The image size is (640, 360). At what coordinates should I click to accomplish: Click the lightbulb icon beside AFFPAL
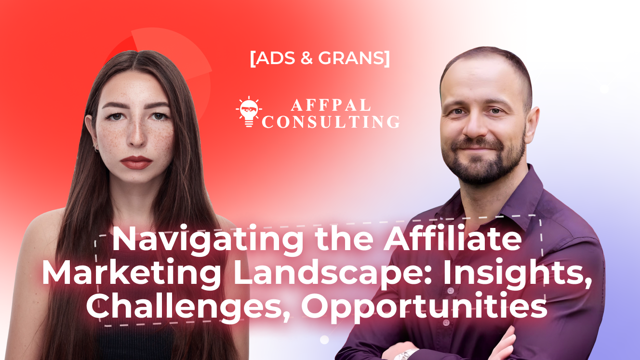[x=249, y=112]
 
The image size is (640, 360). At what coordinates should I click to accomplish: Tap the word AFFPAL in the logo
[x=331, y=105]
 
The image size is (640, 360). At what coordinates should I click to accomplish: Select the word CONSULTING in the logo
[x=331, y=122]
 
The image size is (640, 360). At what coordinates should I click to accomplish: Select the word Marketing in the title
[x=132, y=273]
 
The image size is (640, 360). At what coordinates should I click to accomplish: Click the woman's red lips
[x=136, y=162]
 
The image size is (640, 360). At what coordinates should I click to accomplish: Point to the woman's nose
[x=136, y=134]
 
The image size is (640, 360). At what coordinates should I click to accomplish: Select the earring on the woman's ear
[x=95, y=147]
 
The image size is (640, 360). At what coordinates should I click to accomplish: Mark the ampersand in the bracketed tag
[x=307, y=58]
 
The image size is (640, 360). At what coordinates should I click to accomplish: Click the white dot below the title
[x=324, y=340]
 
